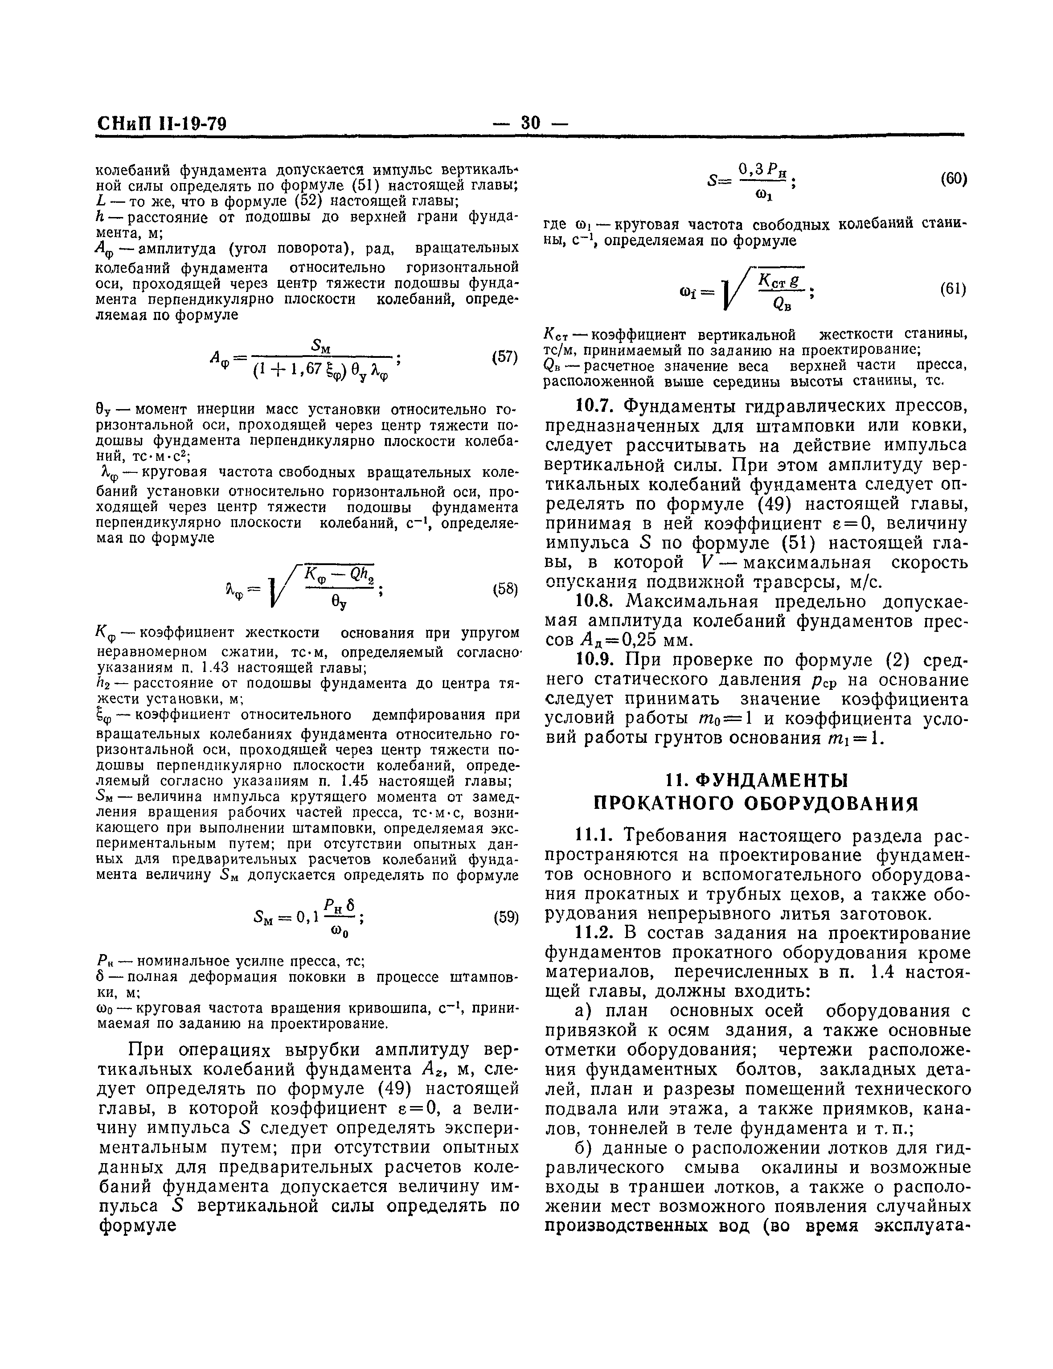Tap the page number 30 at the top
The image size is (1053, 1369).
click(x=530, y=123)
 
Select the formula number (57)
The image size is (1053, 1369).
click(x=504, y=357)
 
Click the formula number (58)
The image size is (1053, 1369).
click(x=504, y=589)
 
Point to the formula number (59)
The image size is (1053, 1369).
click(x=505, y=918)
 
